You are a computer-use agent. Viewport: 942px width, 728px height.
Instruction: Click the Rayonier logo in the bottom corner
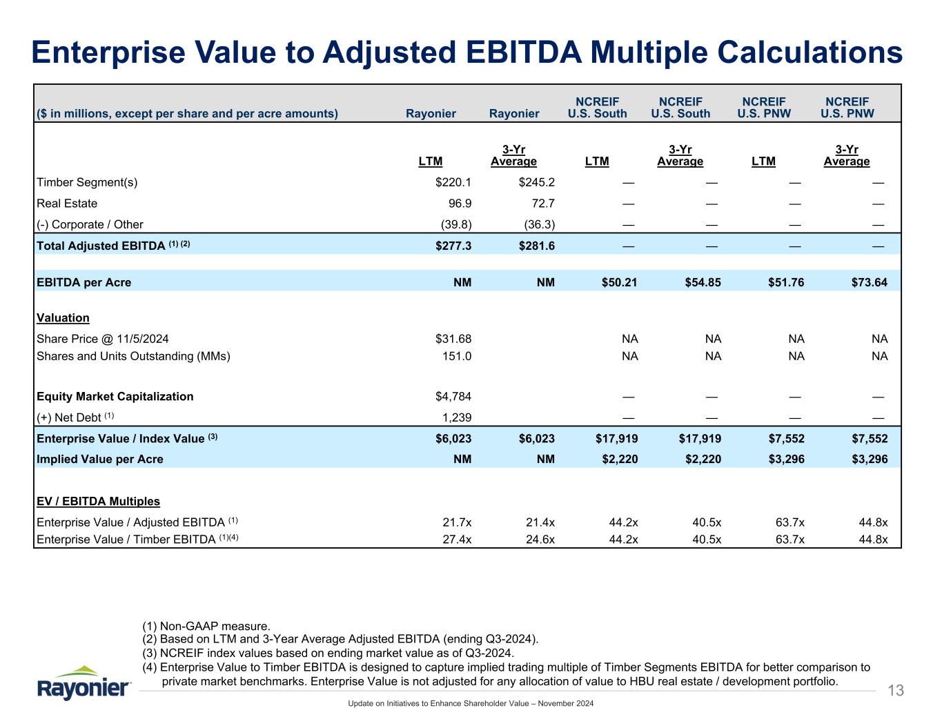(84, 682)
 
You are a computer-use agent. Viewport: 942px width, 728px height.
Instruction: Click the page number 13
(895, 691)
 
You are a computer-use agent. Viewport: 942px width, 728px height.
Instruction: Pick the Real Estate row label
(67, 204)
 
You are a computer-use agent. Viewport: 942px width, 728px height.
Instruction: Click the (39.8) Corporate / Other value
(455, 224)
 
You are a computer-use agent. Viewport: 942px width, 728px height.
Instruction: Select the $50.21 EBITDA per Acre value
(620, 282)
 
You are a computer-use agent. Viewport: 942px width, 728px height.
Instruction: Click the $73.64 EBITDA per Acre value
(870, 282)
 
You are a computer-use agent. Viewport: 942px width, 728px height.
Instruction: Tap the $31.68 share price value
(453, 339)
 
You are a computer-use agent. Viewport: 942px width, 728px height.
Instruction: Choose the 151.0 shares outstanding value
(456, 356)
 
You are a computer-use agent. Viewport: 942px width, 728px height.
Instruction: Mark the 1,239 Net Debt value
(456, 417)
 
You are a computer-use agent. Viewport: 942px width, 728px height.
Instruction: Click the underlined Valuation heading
(63, 318)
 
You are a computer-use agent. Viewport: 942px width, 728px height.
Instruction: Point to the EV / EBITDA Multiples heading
(98, 502)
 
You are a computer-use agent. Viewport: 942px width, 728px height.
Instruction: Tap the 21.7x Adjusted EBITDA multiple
(457, 522)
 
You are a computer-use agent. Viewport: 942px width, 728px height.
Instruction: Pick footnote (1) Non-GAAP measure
(206, 627)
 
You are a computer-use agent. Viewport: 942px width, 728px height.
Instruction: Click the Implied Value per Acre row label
(99, 460)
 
